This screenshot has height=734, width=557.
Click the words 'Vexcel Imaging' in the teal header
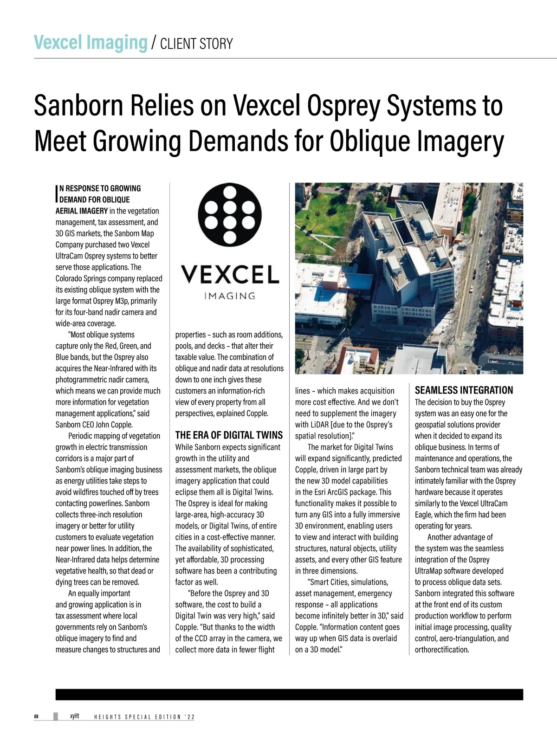pyautogui.click(x=91, y=43)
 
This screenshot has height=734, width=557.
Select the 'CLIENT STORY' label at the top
pyautogui.click(x=196, y=44)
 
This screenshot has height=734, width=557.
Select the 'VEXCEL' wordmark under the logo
pyautogui.click(x=230, y=274)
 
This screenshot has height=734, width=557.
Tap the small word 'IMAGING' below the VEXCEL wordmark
pyautogui.click(x=230, y=296)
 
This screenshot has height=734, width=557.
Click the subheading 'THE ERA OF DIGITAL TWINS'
pyautogui.click(x=229, y=435)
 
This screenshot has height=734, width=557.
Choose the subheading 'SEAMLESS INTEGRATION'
pyautogui.click(x=464, y=390)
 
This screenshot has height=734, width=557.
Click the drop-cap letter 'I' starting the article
pyautogui.click(x=57, y=194)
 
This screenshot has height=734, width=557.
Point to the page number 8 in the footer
pyautogui.click(x=36, y=716)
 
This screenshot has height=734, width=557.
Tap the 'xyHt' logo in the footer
pyautogui.click(x=74, y=716)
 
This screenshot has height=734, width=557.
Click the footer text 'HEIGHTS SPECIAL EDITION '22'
pyautogui.click(x=144, y=717)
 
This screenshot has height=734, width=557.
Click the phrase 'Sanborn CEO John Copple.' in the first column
pyautogui.click(x=94, y=425)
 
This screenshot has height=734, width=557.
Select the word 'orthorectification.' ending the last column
pyautogui.click(x=442, y=650)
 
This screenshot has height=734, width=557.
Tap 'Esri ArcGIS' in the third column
pyautogui.click(x=337, y=492)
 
